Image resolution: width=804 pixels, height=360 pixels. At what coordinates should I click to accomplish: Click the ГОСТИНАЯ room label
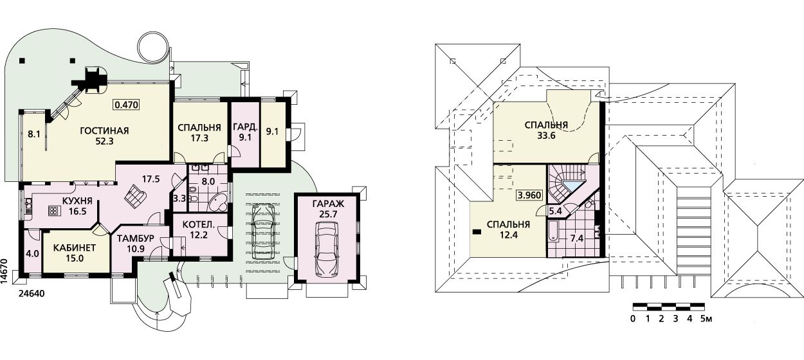pyautogui.click(x=104, y=130)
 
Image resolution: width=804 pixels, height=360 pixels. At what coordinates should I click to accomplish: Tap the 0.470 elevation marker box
pyautogui.click(x=126, y=105)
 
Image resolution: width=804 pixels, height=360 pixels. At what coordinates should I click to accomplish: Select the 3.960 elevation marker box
pyautogui.click(x=529, y=195)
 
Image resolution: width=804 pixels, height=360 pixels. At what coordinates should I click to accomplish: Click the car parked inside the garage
pyautogui.click(x=326, y=249)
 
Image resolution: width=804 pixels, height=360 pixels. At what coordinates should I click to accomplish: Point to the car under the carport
pyautogui.click(x=263, y=232)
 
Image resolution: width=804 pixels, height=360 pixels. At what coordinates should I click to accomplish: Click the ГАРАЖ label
pyautogui.click(x=328, y=204)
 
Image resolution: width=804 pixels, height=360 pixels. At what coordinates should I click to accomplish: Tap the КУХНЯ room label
pyautogui.click(x=78, y=201)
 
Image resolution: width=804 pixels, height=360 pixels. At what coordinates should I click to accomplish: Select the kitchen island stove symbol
pyautogui.click(x=54, y=212)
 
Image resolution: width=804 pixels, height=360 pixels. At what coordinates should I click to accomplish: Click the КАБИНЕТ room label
pyautogui.click(x=75, y=248)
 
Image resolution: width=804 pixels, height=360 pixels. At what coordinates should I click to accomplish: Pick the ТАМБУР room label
pyautogui.click(x=136, y=239)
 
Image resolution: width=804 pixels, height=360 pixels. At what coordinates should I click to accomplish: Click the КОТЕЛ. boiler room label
pyautogui.click(x=199, y=225)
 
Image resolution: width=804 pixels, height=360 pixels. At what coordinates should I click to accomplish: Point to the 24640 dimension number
pyautogui.click(x=32, y=294)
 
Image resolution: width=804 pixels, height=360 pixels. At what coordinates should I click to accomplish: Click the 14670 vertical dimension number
pyautogui.click(x=4, y=272)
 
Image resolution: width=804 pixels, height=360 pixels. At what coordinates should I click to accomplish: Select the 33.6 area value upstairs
pyautogui.click(x=546, y=136)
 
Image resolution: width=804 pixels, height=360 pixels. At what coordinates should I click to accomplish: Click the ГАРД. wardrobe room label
pyautogui.click(x=245, y=127)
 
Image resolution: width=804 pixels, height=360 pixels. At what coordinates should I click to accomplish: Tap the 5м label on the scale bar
pyautogui.click(x=706, y=319)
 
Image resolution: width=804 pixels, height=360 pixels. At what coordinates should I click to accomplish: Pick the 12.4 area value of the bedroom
pyautogui.click(x=509, y=235)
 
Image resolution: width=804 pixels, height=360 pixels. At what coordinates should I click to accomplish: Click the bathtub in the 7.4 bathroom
pyautogui.click(x=553, y=231)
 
